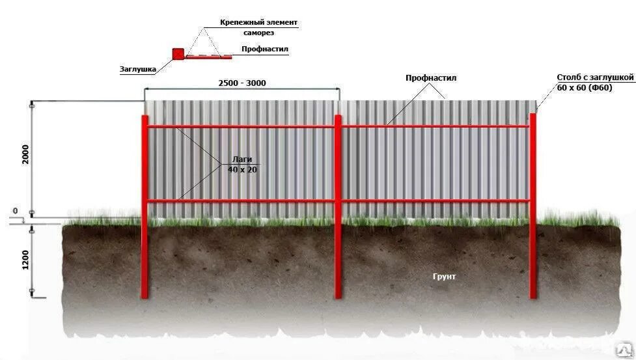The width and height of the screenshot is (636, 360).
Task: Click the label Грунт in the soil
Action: (445, 277)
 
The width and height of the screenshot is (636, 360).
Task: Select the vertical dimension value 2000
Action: (25, 154)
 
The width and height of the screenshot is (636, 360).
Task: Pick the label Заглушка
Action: (138, 68)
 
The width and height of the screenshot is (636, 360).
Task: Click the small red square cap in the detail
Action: (177, 53)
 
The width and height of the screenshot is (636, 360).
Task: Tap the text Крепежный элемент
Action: (258, 22)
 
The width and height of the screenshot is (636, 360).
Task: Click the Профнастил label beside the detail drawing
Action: (264, 49)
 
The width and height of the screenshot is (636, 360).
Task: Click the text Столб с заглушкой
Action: (594, 77)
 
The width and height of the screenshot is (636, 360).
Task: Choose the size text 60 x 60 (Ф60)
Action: (585, 88)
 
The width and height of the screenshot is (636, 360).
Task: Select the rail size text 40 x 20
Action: (242, 169)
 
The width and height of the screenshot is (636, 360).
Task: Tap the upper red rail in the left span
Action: (241, 126)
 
